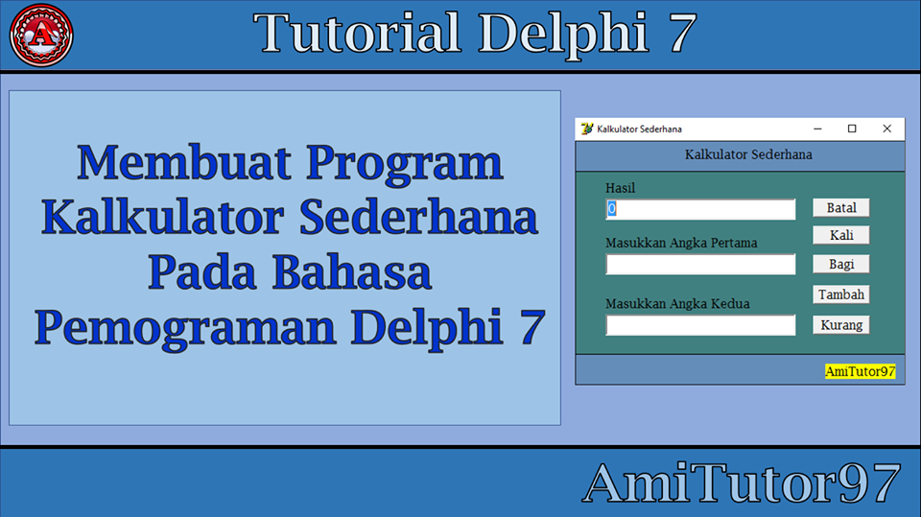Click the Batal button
(841, 207)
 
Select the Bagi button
(841, 264)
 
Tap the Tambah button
(841, 294)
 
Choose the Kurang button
(841, 325)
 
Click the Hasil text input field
(700, 209)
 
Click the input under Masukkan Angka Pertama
(700, 265)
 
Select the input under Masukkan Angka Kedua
(700, 326)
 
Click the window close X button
(886, 129)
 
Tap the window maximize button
(852, 129)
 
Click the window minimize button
(818, 129)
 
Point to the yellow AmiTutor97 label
(860, 371)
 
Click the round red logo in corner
(41, 35)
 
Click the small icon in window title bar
(587, 129)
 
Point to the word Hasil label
(621, 188)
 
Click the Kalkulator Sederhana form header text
(748, 154)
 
